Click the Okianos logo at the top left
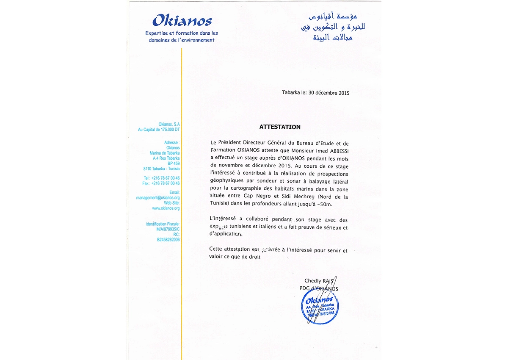pyautogui.click(x=182, y=20)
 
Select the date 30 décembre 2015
pyautogui.click(x=329, y=93)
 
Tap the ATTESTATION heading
pyautogui.click(x=280, y=127)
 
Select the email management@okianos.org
pyautogui.click(x=158, y=198)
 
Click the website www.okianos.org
pyautogui.click(x=166, y=208)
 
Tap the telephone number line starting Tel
pyautogui.click(x=162, y=178)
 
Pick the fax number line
pyautogui.click(x=161, y=183)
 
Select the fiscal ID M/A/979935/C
pyautogui.click(x=168, y=229)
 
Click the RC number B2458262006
pyautogui.click(x=168, y=240)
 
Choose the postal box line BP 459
pyautogui.click(x=174, y=163)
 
